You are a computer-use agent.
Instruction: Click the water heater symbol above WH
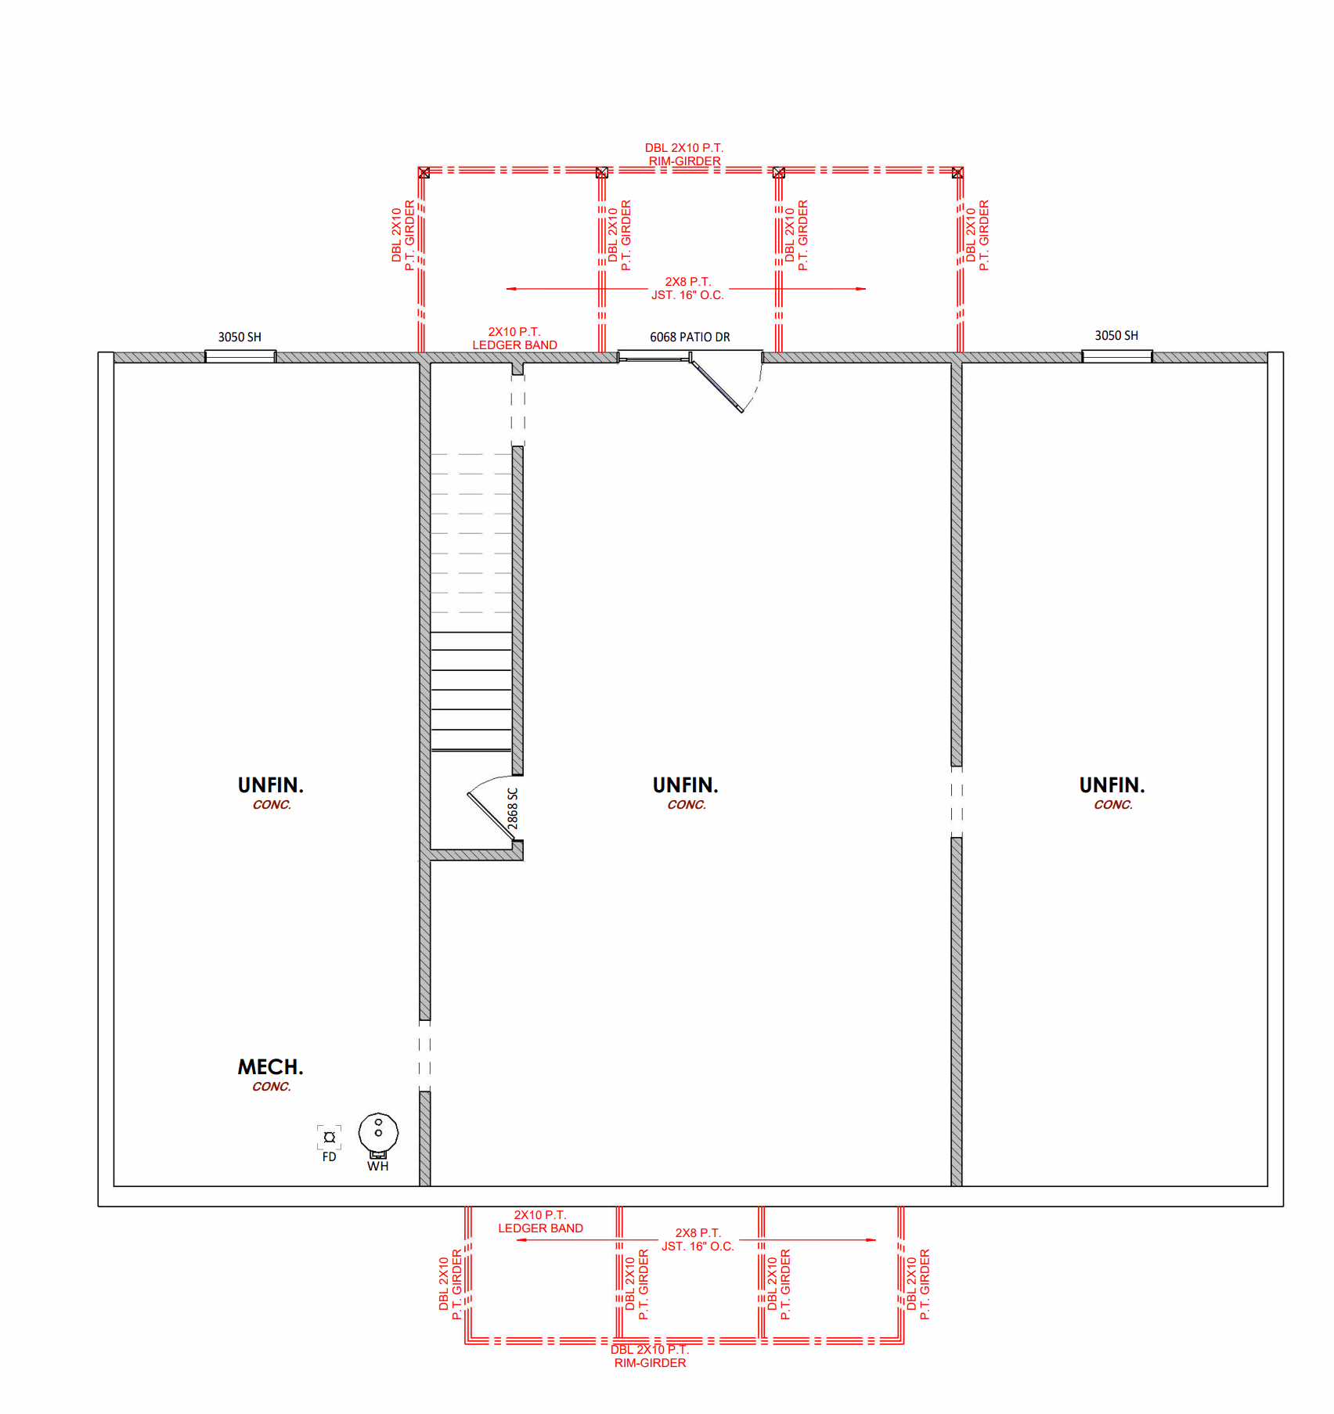(378, 1134)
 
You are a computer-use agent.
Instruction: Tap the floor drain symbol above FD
(330, 1137)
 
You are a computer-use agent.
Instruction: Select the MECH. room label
(270, 1067)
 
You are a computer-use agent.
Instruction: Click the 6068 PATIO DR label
(690, 337)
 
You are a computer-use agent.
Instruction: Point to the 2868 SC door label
(513, 809)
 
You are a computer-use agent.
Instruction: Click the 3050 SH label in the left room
(240, 337)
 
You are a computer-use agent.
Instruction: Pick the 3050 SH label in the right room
(1116, 335)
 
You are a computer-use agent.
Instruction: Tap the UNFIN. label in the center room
(685, 785)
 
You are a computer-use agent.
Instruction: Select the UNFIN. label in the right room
(1112, 785)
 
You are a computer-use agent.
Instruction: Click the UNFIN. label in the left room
(270, 785)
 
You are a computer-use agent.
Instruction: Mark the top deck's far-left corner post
(424, 172)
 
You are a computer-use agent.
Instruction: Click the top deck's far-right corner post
(957, 172)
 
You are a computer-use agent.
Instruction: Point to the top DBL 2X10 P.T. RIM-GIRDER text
(684, 154)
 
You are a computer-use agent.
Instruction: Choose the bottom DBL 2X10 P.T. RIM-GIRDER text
(650, 1356)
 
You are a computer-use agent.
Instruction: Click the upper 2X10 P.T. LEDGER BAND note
(514, 338)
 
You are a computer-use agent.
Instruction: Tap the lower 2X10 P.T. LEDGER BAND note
(540, 1221)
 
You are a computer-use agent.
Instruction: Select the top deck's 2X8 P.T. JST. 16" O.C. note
(687, 288)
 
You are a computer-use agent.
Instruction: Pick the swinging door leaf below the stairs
(492, 817)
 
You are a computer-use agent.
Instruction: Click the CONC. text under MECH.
(271, 1087)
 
